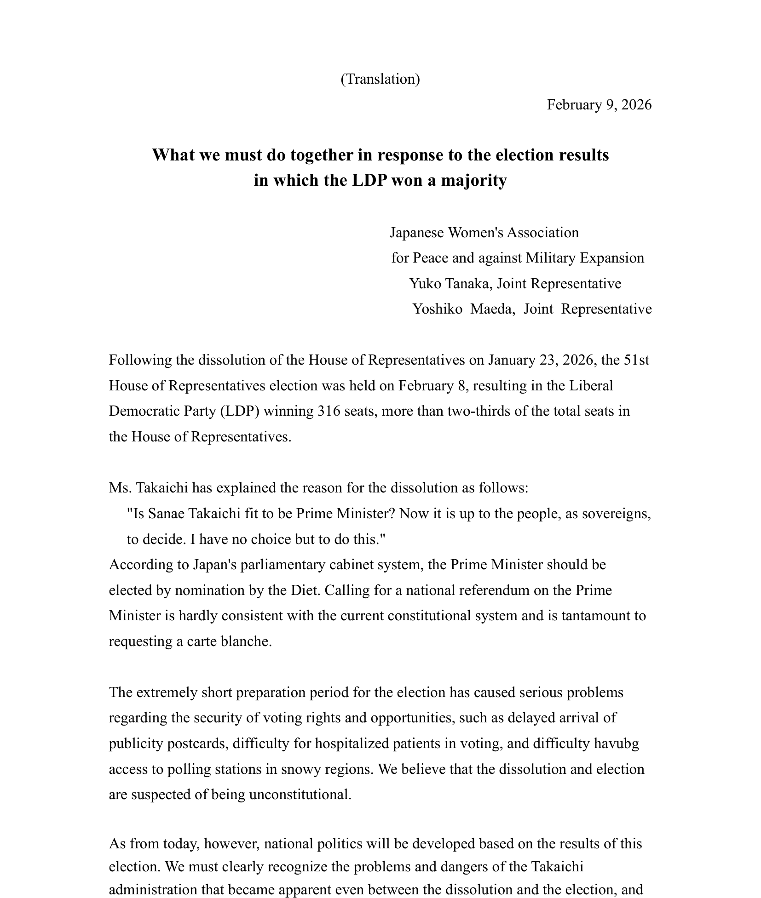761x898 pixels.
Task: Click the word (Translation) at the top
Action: [380, 79]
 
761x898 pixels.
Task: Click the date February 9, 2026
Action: [599, 105]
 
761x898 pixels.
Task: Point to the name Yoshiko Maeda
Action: [462, 309]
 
